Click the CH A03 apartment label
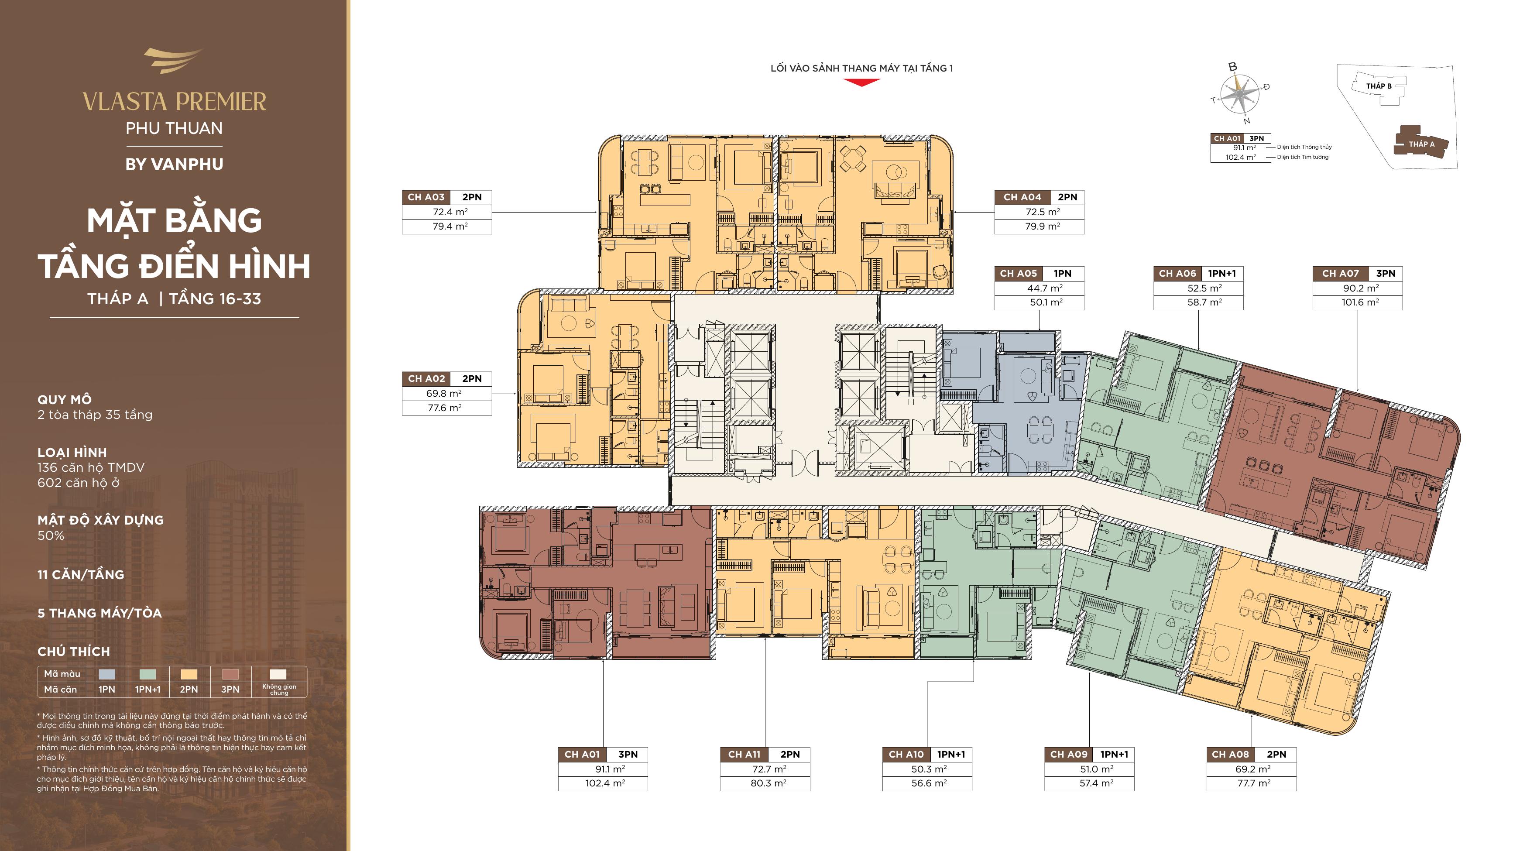tap(426, 197)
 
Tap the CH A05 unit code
tap(1019, 274)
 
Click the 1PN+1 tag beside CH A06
tap(1221, 274)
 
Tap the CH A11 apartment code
tap(744, 755)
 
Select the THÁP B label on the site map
tap(1379, 86)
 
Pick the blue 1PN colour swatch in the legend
tap(107, 674)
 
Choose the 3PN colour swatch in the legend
tap(230, 674)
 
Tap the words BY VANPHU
tap(175, 165)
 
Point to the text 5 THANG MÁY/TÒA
tap(99, 613)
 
